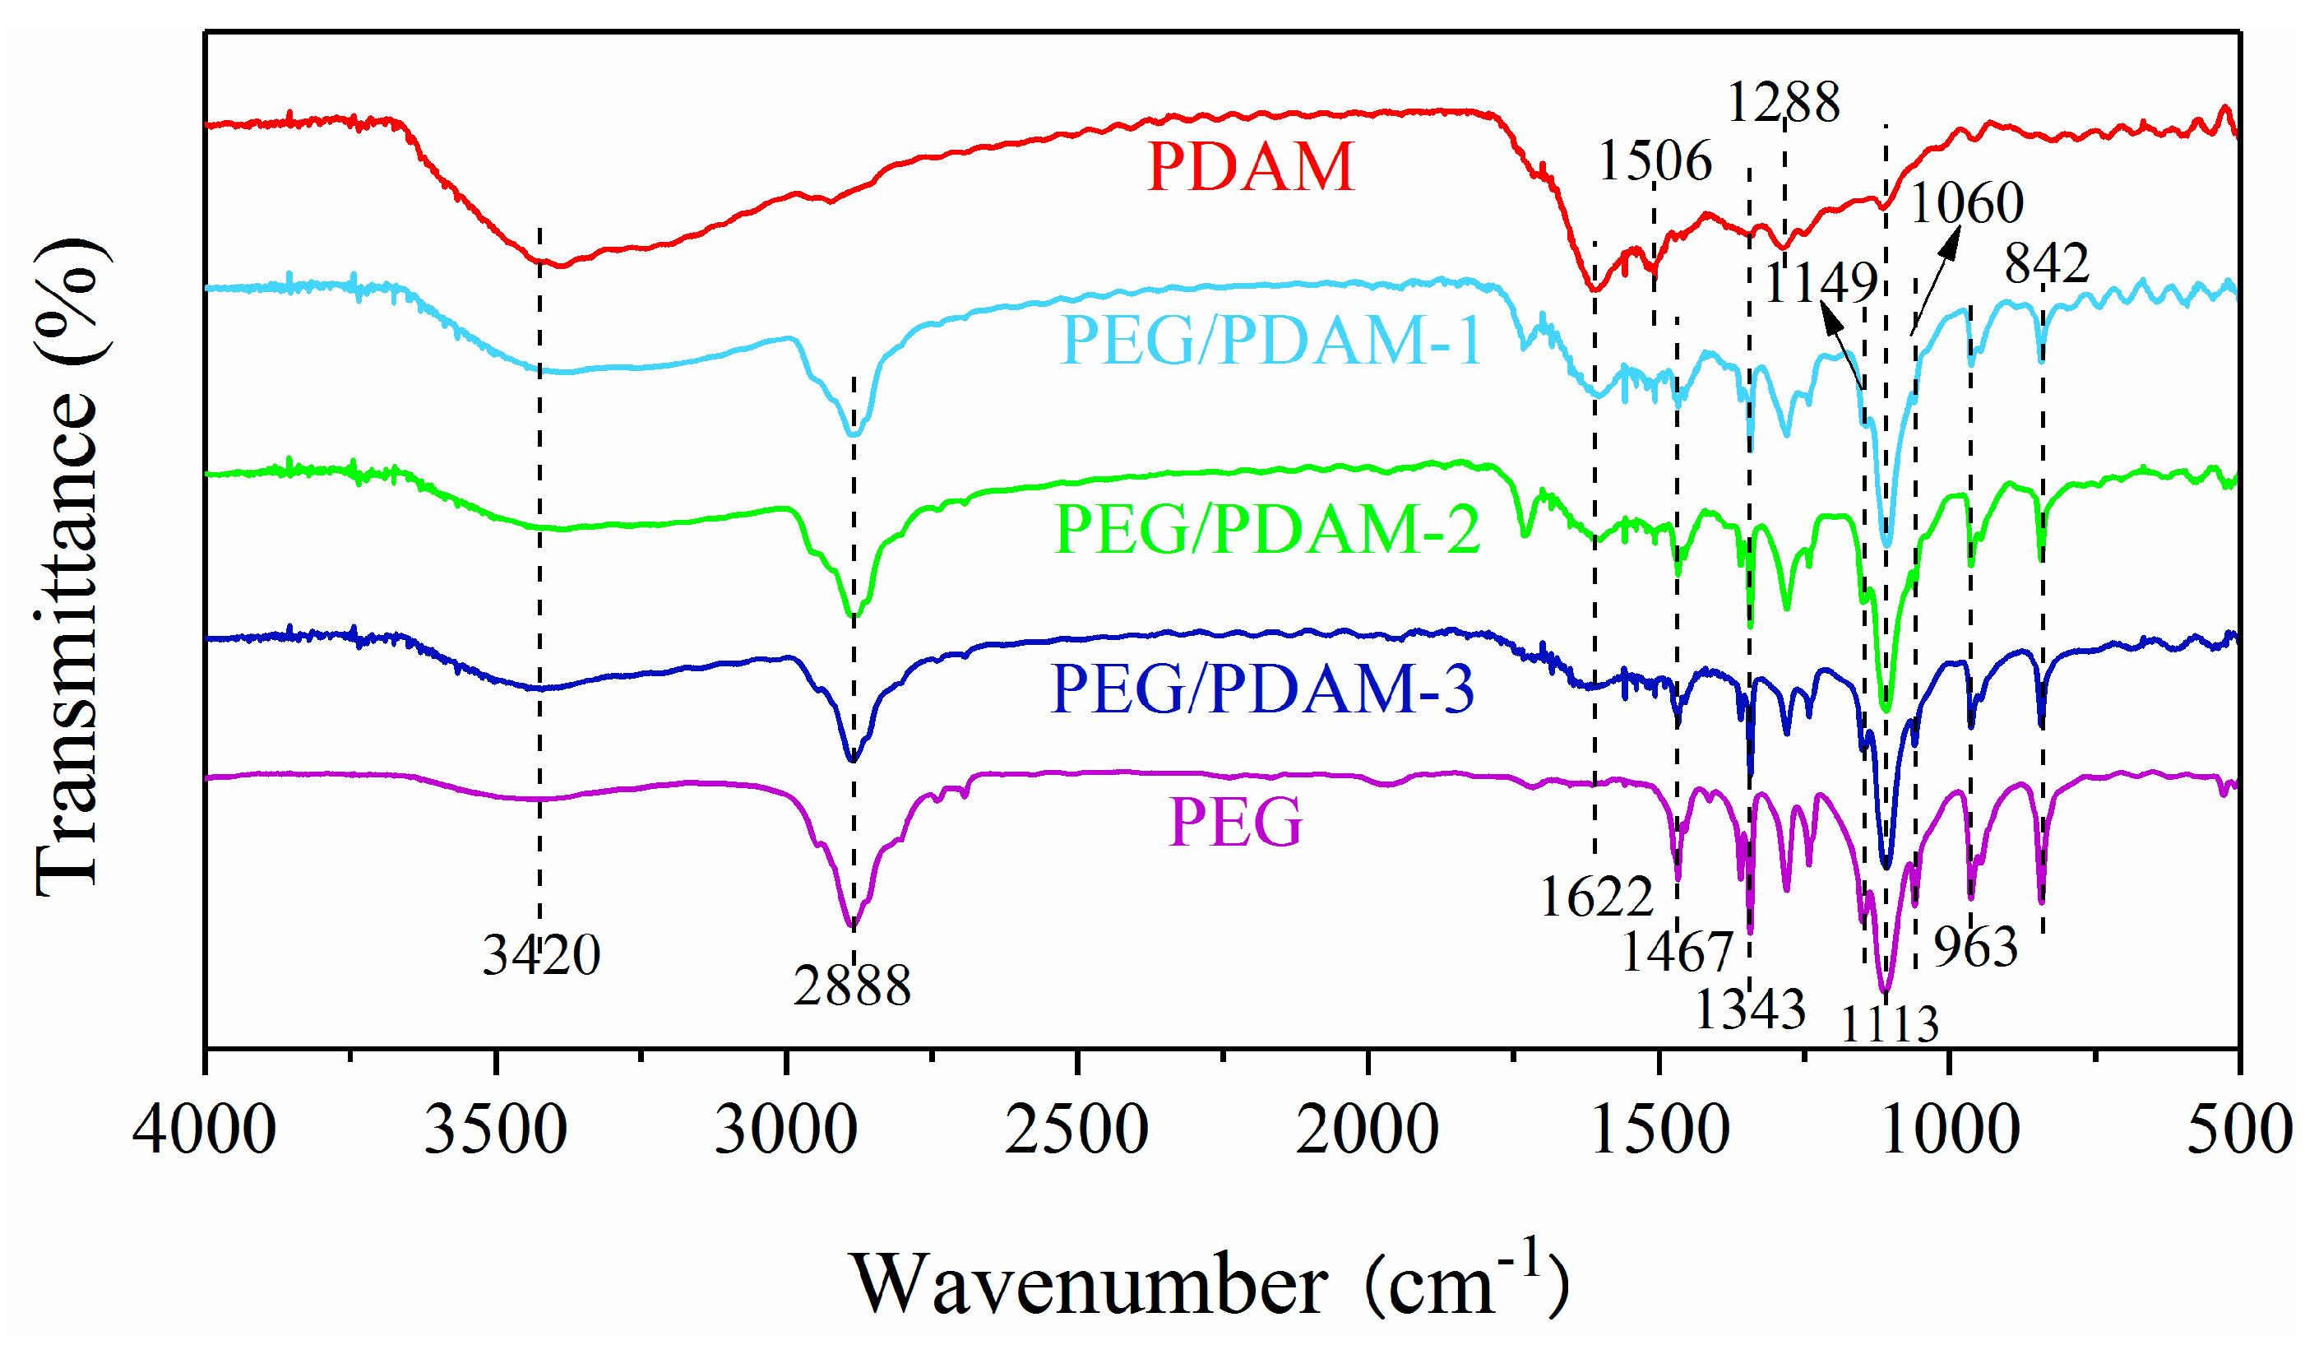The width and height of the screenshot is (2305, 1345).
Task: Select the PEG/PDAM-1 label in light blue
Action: click(x=1270, y=341)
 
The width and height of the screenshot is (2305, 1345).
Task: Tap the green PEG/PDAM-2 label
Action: click(x=1267, y=530)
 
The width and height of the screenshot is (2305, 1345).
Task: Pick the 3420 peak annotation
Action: click(x=541, y=955)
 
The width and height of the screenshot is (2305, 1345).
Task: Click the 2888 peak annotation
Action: click(x=852, y=986)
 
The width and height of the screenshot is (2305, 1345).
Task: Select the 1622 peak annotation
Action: click(x=1597, y=897)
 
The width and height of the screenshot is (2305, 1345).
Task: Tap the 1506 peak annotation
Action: click(x=1655, y=162)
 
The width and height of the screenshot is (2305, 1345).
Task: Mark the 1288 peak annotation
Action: click(x=1783, y=103)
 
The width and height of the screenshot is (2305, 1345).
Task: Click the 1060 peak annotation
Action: click(x=1966, y=202)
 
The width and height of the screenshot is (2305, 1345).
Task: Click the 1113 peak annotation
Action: click(x=1890, y=1024)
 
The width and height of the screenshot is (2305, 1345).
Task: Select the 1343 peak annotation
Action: click(x=1750, y=1010)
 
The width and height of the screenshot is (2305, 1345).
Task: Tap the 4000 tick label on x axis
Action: click(x=204, y=1130)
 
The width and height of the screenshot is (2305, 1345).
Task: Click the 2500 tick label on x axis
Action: click(x=1076, y=1130)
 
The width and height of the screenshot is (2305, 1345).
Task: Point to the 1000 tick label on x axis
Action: click(x=1949, y=1130)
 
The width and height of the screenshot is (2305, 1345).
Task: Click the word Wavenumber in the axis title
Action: click(x=1089, y=1286)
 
